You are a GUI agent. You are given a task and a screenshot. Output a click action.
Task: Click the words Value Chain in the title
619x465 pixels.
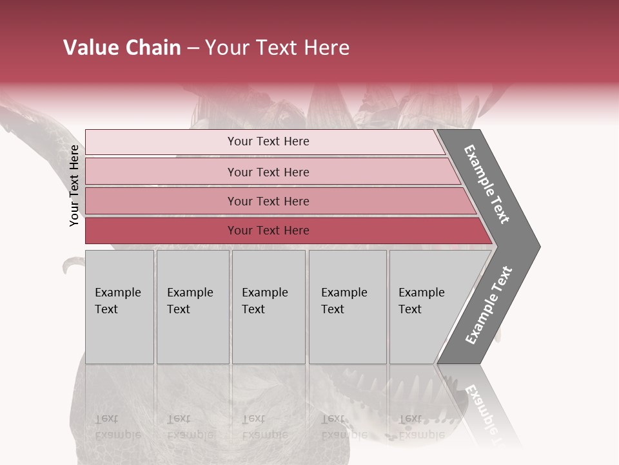pos(122,47)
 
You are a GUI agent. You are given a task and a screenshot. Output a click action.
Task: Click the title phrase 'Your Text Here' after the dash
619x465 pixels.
pos(277,47)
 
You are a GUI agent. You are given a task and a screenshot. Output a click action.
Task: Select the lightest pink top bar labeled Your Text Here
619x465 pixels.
pos(268,141)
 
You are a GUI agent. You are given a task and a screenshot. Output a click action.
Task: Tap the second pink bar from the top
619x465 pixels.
pos(268,172)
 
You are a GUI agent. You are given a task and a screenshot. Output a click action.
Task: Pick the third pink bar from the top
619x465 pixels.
pos(268,201)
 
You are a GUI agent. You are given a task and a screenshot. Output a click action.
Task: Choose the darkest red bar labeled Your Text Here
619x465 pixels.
pos(268,231)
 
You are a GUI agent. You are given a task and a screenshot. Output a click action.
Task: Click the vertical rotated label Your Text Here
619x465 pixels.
pos(74,185)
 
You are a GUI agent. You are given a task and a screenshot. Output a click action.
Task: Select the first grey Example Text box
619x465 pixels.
pos(119,306)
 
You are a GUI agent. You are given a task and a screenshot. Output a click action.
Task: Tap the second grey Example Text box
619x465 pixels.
pos(192,306)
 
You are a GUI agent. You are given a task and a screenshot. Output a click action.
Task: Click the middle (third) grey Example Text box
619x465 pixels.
pos(268,306)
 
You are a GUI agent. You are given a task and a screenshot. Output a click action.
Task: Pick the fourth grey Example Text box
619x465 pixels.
pos(347,306)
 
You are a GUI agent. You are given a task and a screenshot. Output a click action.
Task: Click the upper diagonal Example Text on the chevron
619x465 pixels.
pos(487,184)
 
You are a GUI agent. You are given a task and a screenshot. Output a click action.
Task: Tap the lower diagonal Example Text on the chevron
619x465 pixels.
pos(488,305)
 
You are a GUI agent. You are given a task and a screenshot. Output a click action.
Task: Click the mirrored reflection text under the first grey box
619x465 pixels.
pos(117,426)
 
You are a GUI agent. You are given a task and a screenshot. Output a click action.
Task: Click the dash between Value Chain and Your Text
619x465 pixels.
pos(193,48)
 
